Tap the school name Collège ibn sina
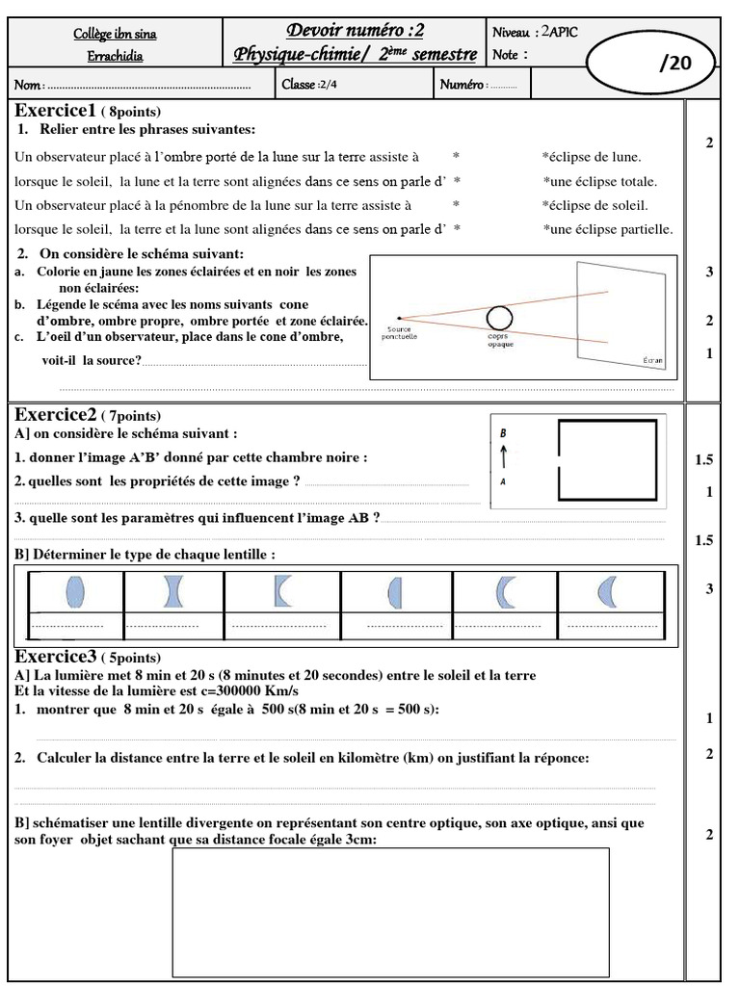[x=115, y=35]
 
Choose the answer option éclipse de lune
[x=593, y=157]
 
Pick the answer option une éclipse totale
[x=600, y=181]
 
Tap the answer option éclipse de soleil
[x=595, y=205]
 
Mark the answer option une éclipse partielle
[x=608, y=229]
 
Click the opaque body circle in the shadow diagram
[x=498, y=317]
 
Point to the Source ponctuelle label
[x=400, y=333]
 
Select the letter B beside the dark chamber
[x=503, y=434]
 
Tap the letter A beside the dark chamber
[x=503, y=480]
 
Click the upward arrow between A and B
[x=503, y=456]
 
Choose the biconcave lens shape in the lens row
[x=173, y=590]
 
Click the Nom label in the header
[x=29, y=85]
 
